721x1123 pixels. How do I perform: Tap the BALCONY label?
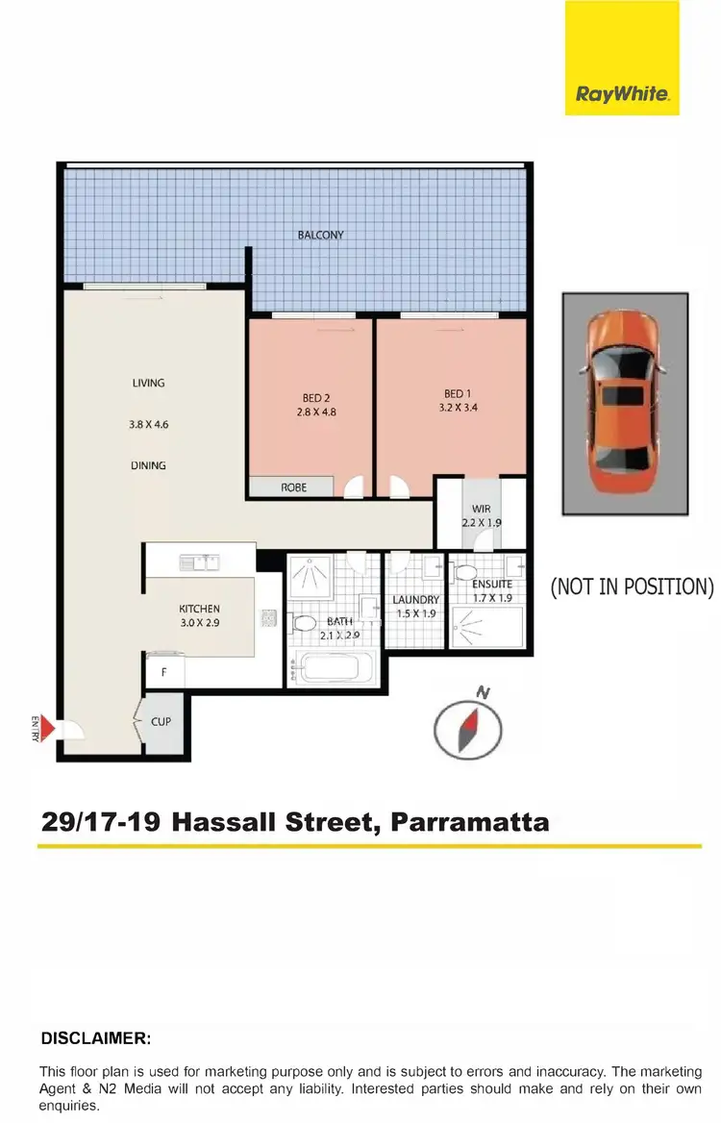(x=321, y=235)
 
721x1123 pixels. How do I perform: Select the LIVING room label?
(x=149, y=383)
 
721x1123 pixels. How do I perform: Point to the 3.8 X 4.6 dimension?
(x=149, y=424)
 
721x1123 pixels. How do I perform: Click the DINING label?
(x=149, y=465)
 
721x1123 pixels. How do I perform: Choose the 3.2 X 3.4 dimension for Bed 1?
(x=454, y=407)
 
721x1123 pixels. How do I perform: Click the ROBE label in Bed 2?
(x=293, y=487)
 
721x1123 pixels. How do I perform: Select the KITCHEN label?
(x=199, y=609)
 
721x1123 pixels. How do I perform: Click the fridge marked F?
(x=163, y=673)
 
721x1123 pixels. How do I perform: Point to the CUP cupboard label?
(x=161, y=720)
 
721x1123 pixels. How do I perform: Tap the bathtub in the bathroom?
(x=335, y=667)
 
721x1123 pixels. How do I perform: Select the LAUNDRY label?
(x=416, y=600)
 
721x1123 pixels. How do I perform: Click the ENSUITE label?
(x=492, y=584)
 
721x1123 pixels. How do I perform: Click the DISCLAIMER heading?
(x=96, y=1039)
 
